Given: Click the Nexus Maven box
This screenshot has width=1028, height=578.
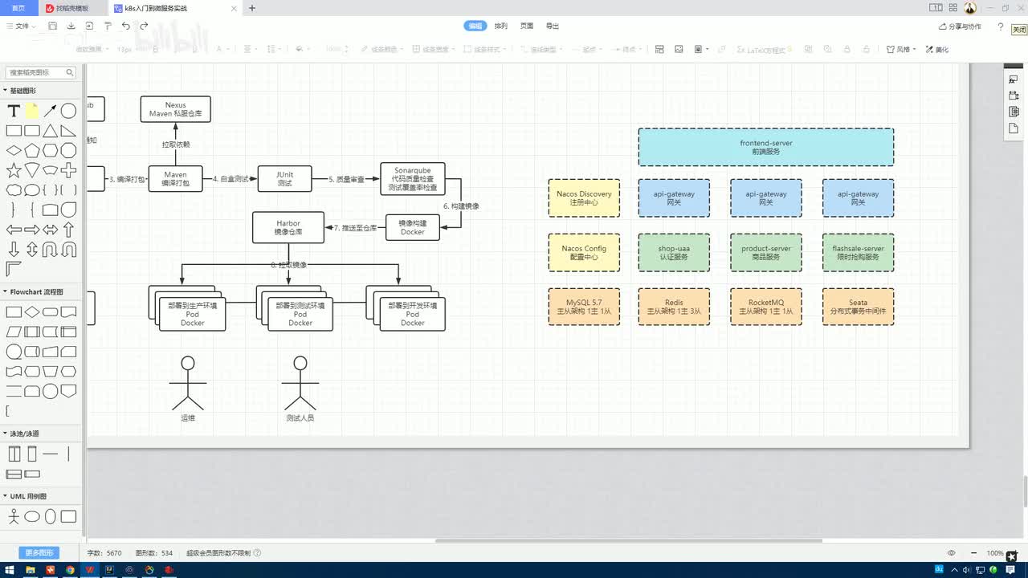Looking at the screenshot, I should [x=175, y=109].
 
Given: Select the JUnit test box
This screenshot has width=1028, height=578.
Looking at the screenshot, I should [x=284, y=178].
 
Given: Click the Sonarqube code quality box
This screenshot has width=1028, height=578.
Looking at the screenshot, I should [x=412, y=178].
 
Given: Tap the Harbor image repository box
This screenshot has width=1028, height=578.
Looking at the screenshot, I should [x=288, y=227].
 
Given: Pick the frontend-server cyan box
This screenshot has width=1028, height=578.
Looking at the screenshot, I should [x=765, y=147].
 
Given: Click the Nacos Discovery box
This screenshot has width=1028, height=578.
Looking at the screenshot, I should [x=584, y=197].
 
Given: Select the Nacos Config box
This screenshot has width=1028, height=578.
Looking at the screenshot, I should [x=584, y=252].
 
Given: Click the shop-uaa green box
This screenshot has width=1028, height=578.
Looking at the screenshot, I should [x=673, y=252].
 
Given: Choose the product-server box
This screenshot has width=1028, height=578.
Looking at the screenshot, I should [x=765, y=252].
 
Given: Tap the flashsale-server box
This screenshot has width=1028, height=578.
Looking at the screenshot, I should [x=858, y=252].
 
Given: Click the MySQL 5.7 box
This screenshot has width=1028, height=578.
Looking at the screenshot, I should [x=584, y=307].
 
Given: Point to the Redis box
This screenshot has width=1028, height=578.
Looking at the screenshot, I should [x=673, y=307].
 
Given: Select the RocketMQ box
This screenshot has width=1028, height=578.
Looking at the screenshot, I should [x=765, y=307].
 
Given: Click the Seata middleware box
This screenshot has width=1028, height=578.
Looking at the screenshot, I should [x=858, y=307].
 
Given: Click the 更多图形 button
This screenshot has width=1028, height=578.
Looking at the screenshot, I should [x=39, y=552].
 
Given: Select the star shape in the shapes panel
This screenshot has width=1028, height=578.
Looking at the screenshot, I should [x=14, y=170].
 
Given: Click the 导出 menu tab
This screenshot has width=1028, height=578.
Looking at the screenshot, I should [x=553, y=26].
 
